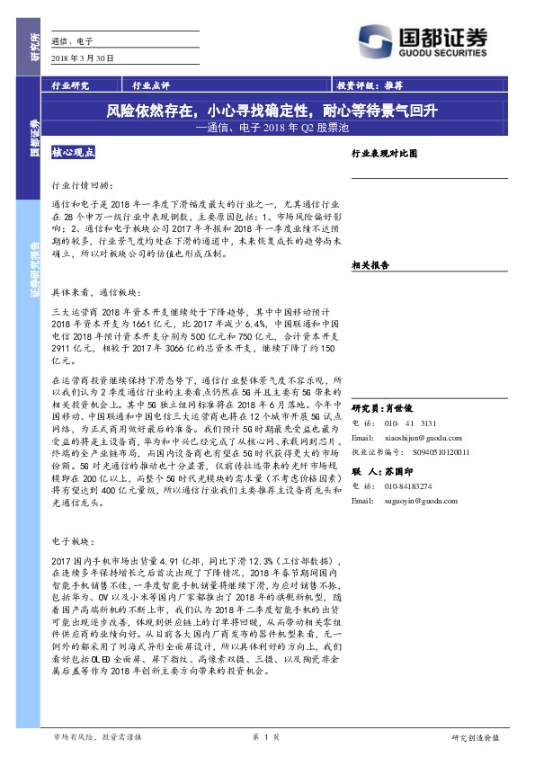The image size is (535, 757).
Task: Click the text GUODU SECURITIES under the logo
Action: [440, 53]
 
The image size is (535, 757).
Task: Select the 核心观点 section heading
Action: [74, 154]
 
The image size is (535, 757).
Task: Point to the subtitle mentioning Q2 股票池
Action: [271, 128]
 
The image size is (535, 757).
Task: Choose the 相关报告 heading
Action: [370, 265]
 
